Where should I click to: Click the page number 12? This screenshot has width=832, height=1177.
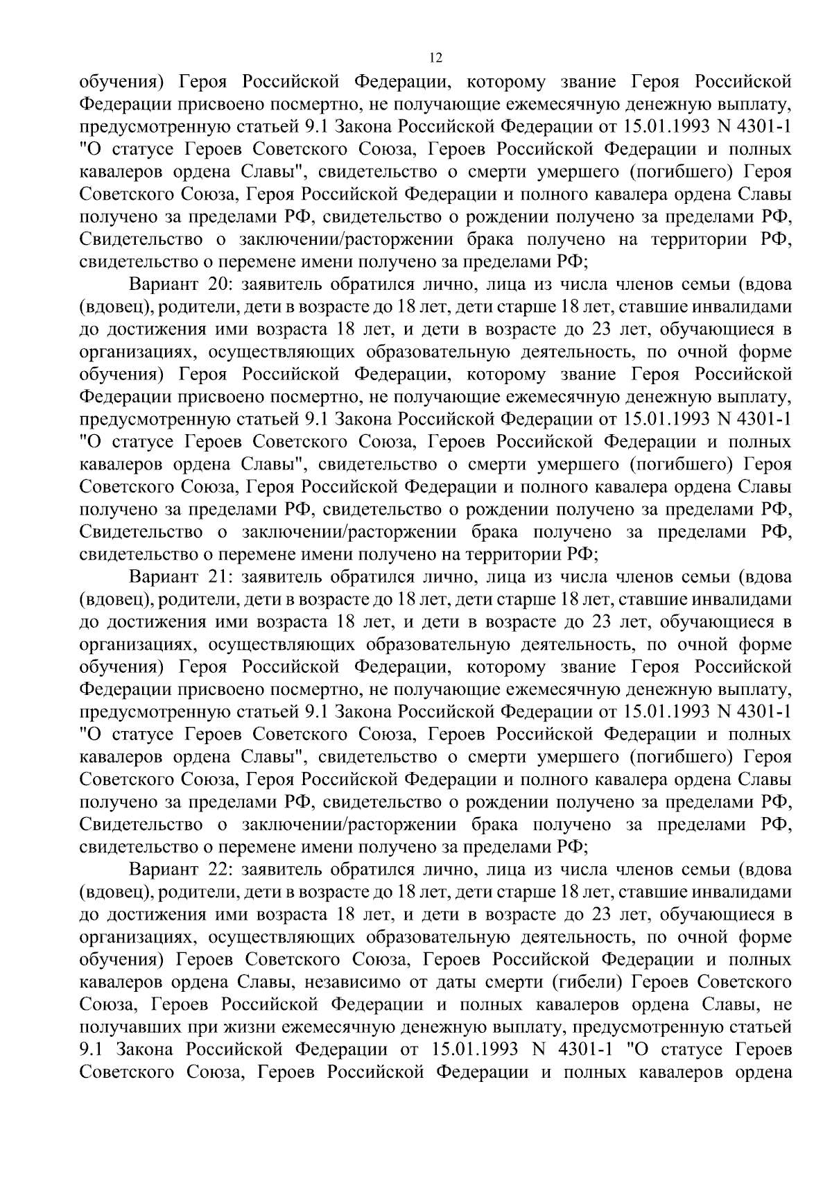pos(435,58)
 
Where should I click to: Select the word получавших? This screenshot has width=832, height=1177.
pos(117,1028)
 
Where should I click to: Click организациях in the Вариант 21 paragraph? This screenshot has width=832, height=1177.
pos(134,645)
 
